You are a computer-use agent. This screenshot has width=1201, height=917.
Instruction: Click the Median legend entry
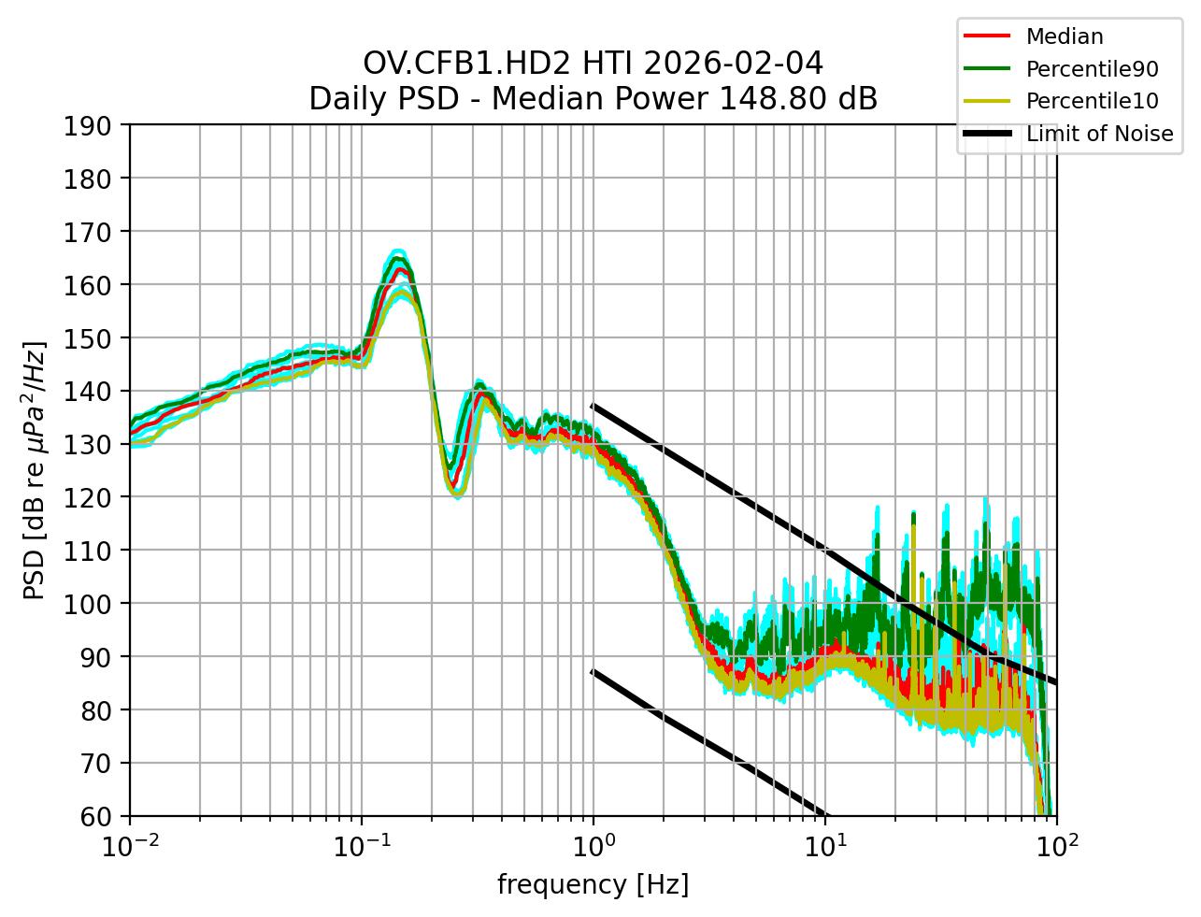point(1064,36)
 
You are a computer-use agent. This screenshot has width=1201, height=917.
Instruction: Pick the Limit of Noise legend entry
point(1099,134)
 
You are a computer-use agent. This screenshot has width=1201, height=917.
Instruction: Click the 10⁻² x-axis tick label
point(130,844)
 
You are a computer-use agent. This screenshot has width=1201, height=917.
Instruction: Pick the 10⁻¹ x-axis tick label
point(362,844)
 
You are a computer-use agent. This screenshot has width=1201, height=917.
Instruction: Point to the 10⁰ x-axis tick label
point(593,844)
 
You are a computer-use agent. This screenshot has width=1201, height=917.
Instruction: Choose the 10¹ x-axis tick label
point(825,844)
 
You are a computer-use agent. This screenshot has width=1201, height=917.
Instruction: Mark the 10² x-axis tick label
point(1057,844)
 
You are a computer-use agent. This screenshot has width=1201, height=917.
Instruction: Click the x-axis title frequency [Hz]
point(593,884)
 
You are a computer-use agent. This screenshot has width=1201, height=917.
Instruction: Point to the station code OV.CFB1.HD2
point(467,64)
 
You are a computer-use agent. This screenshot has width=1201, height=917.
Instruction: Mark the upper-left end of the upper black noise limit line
point(593,406)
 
